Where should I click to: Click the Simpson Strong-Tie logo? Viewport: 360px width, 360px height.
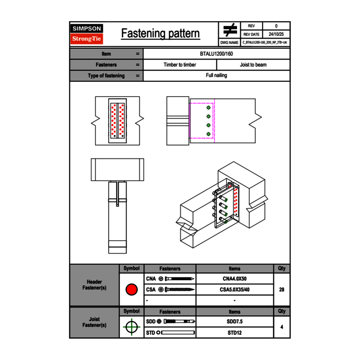click(x=87, y=34)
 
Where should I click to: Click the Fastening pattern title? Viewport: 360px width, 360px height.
click(x=160, y=34)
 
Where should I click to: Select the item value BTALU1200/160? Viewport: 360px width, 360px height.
click(x=216, y=54)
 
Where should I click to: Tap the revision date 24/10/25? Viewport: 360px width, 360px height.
click(x=276, y=34)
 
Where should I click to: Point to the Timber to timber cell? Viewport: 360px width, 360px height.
click(x=180, y=65)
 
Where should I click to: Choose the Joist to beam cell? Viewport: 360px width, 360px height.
click(x=253, y=65)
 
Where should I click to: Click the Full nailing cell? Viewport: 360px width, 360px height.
click(x=216, y=75)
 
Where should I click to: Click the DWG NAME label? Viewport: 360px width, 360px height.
click(x=229, y=43)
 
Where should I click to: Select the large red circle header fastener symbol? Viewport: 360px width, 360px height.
click(x=131, y=290)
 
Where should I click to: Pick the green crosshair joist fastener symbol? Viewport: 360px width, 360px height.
click(x=131, y=327)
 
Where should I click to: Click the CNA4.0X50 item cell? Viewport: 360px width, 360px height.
click(x=234, y=279)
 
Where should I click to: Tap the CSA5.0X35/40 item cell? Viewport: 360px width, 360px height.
click(x=234, y=290)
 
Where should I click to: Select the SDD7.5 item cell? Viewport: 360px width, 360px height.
click(x=234, y=322)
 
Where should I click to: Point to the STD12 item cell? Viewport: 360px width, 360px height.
click(x=234, y=333)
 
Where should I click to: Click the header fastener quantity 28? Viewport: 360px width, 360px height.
click(x=281, y=290)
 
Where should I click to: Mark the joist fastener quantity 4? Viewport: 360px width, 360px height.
click(x=281, y=327)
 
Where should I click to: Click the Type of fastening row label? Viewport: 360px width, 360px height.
click(x=106, y=76)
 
